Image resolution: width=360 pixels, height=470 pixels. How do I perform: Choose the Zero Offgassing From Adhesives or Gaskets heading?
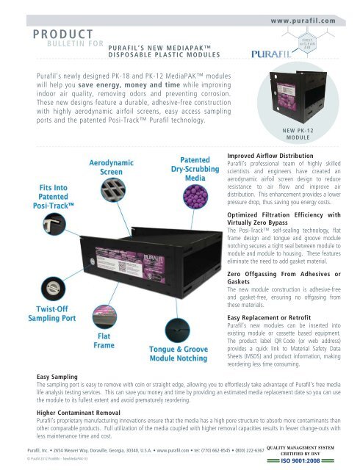282,276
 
